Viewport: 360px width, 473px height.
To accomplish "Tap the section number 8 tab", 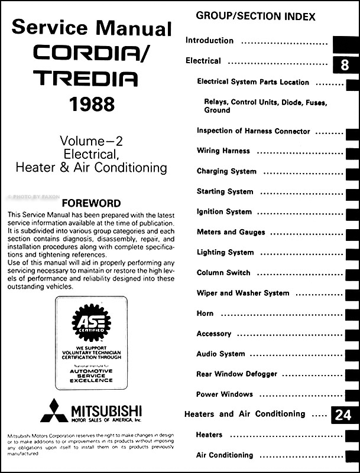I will click(x=345, y=64).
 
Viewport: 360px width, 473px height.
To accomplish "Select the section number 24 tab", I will click(x=343, y=416).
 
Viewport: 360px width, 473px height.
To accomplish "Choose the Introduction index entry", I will click(x=210, y=41).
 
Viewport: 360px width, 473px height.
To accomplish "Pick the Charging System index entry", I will click(x=226, y=171).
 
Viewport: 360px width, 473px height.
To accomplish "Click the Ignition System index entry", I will click(x=224, y=211).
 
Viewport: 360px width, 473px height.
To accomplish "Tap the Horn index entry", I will click(x=205, y=313).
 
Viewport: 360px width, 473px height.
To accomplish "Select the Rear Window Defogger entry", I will click(x=236, y=374).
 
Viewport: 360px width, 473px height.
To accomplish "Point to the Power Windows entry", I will click(x=225, y=394).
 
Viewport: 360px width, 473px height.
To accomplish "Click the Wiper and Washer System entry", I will click(x=243, y=293).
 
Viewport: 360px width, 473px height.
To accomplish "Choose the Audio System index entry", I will click(x=220, y=354).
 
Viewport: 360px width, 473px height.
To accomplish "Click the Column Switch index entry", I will click(x=223, y=273).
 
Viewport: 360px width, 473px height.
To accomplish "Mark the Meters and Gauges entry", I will click(x=231, y=232).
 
